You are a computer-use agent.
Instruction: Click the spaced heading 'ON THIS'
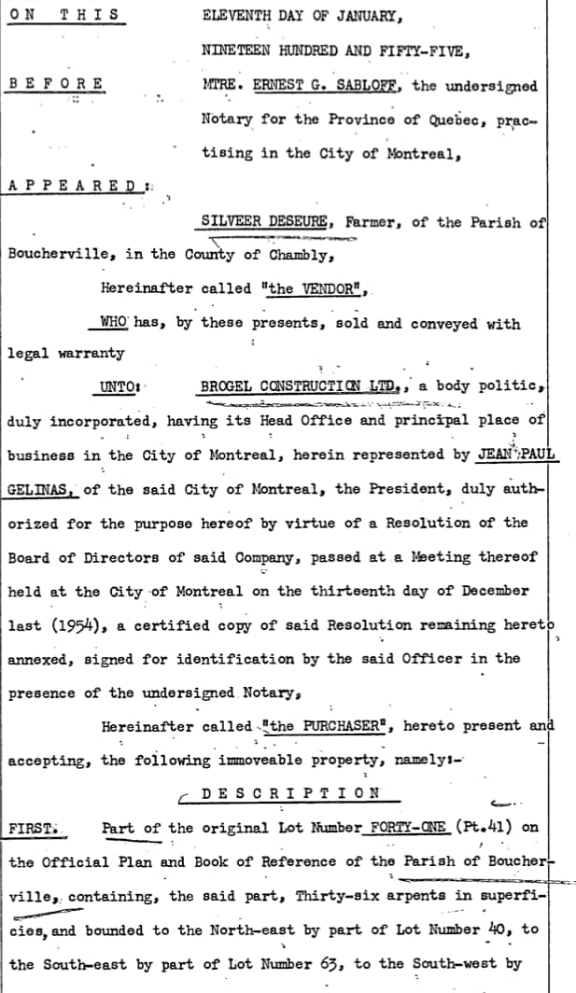click(63, 15)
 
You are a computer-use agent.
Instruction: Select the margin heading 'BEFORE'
click(56, 84)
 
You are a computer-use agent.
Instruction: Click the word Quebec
click(459, 119)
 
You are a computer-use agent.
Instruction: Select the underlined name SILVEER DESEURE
click(264, 221)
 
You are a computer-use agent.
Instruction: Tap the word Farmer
click(372, 221)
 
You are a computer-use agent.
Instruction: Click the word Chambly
click(296, 254)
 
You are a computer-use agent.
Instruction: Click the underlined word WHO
click(113, 322)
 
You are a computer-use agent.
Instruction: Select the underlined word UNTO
click(118, 387)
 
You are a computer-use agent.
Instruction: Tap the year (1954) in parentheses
click(79, 624)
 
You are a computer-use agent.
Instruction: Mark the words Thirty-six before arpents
click(336, 896)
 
